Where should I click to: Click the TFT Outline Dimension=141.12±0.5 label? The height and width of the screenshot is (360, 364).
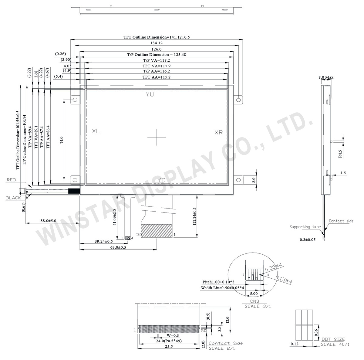pyautogui.click(x=156, y=37)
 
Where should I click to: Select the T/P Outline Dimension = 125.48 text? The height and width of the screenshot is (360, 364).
pyautogui.click(x=156, y=55)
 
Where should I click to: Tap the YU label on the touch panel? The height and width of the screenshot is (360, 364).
pyautogui.click(x=150, y=94)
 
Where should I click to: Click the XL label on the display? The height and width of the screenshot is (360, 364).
pyautogui.click(x=96, y=131)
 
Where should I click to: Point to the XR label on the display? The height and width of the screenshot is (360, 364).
pyautogui.click(x=218, y=133)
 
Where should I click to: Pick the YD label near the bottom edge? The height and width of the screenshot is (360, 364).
pyautogui.click(x=161, y=180)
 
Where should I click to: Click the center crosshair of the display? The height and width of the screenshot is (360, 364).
pyautogui.click(x=157, y=137)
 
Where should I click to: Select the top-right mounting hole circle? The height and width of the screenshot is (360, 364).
pyautogui.click(x=239, y=100)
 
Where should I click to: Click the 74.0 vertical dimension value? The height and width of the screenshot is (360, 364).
pyautogui.click(x=62, y=140)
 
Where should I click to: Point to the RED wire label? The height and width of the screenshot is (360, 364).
pyautogui.click(x=11, y=180)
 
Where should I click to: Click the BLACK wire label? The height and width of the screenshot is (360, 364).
pyautogui.click(x=14, y=198)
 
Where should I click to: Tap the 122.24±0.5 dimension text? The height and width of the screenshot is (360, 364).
pyautogui.click(x=194, y=216)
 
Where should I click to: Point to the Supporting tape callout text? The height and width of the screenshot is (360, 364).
pyautogui.click(x=305, y=227)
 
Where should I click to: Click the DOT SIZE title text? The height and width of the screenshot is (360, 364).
pyautogui.click(x=333, y=339)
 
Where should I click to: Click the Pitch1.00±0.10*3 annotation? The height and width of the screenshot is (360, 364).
pyautogui.click(x=218, y=282)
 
